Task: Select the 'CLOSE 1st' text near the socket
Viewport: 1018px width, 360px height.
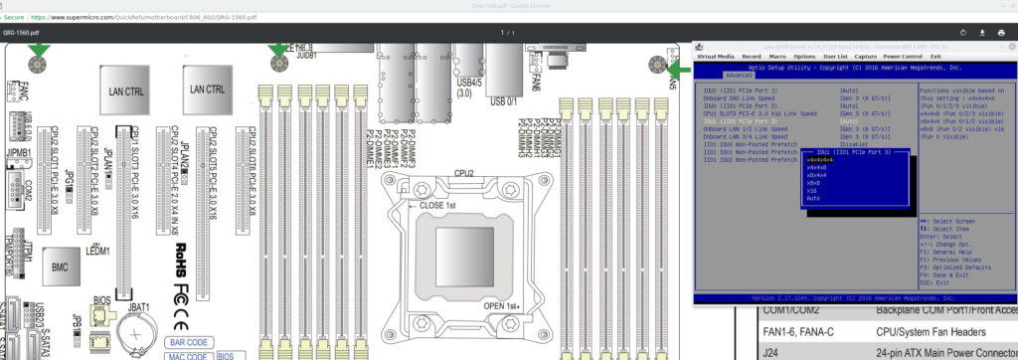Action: click(x=434, y=206)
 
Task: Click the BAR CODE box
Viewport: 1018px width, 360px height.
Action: click(x=186, y=343)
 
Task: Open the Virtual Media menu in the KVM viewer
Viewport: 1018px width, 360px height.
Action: click(x=716, y=57)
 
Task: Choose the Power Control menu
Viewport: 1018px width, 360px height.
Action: click(x=903, y=57)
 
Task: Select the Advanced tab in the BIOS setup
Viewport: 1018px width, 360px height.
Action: click(x=739, y=75)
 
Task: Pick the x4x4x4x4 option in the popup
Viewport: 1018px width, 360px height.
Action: click(x=820, y=160)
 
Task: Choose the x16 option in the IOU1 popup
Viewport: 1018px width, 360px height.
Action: click(x=812, y=191)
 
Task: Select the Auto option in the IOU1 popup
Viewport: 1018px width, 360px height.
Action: click(x=814, y=199)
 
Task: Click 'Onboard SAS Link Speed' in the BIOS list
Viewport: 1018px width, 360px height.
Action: click(x=744, y=98)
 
